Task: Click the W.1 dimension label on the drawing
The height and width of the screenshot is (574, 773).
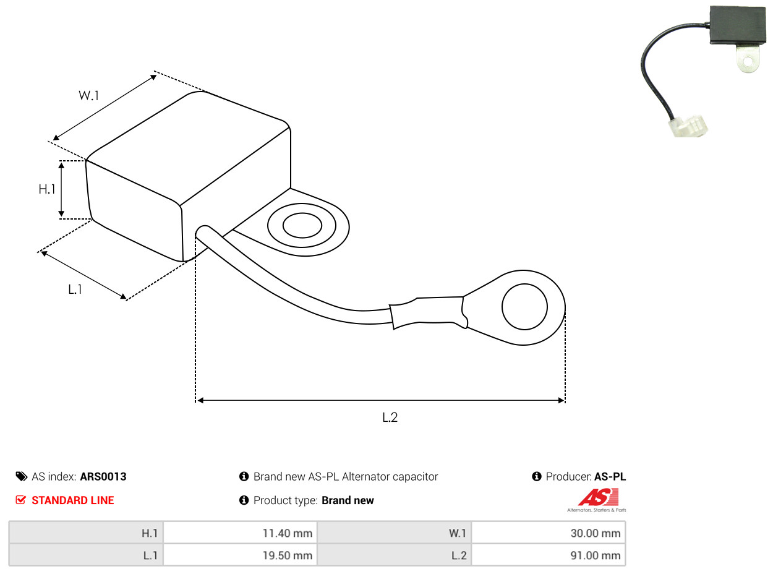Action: (x=88, y=95)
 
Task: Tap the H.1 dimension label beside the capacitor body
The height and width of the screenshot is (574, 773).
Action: (x=47, y=189)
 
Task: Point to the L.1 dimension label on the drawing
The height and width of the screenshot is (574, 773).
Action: (x=75, y=289)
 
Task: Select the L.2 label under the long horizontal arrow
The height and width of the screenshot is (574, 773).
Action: (x=390, y=417)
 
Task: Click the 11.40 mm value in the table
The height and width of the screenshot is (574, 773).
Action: (x=287, y=533)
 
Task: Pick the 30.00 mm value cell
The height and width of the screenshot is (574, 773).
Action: (x=596, y=533)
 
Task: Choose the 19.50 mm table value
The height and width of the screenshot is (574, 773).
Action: (x=287, y=555)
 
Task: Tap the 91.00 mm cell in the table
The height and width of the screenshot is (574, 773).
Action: (x=596, y=555)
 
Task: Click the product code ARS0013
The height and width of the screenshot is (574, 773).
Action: (x=103, y=476)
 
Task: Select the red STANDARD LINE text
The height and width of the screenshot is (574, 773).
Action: (x=73, y=500)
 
